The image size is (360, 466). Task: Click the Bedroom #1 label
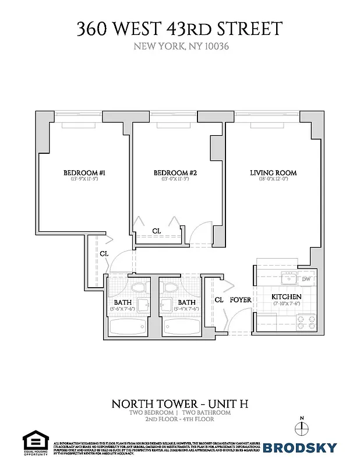pos(84,173)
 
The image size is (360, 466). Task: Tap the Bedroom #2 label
pos(175,173)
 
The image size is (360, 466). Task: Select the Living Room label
pos(273,173)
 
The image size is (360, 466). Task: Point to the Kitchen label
pos(286,298)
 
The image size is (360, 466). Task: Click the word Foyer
pos(241,300)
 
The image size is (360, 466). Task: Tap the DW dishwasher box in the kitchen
pos(306,279)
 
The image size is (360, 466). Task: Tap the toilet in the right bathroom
pos(170,287)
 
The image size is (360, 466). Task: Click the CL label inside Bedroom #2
pos(157,231)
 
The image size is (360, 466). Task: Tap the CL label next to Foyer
pos(219,300)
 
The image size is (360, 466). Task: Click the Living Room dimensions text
pos(273,180)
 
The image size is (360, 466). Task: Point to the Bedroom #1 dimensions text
pos(84,180)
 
